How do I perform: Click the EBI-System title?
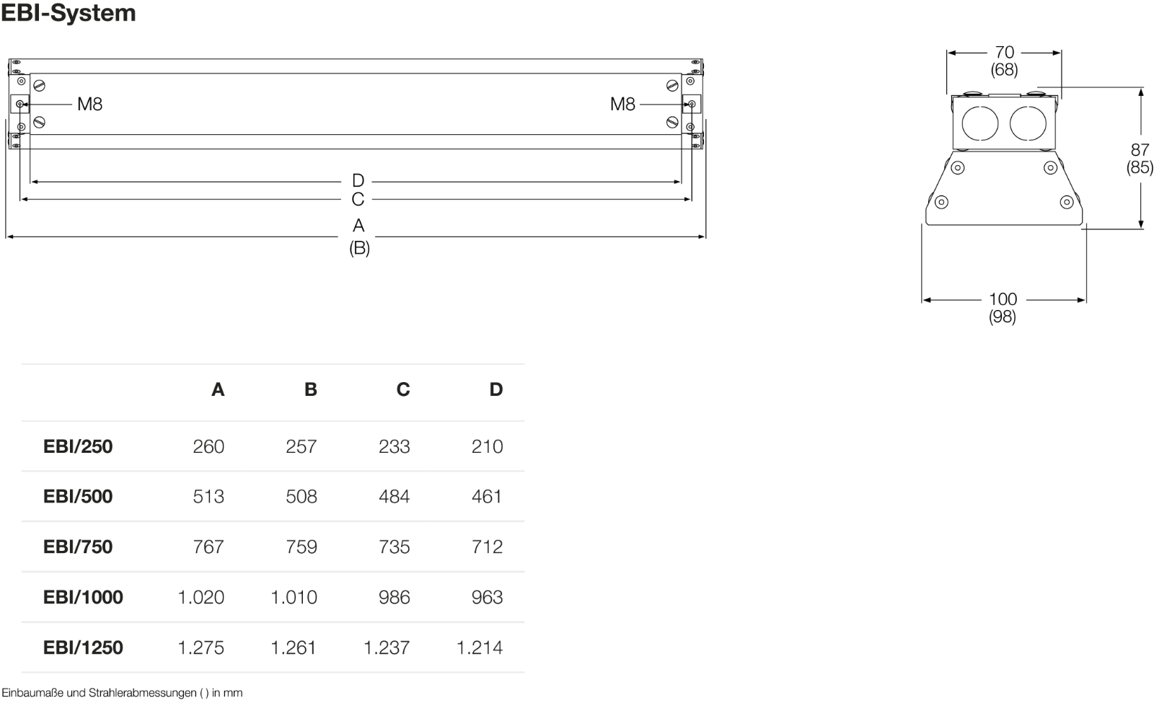(69, 13)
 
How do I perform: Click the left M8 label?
(89, 104)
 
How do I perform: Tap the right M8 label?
(622, 104)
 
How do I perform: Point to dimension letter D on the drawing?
(358, 180)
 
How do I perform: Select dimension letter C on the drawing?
(358, 199)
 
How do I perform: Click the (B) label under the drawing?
(359, 248)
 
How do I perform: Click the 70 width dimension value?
(1004, 52)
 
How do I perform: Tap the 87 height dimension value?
(1140, 150)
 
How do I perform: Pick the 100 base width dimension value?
(1003, 299)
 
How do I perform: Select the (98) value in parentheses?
(1002, 317)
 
